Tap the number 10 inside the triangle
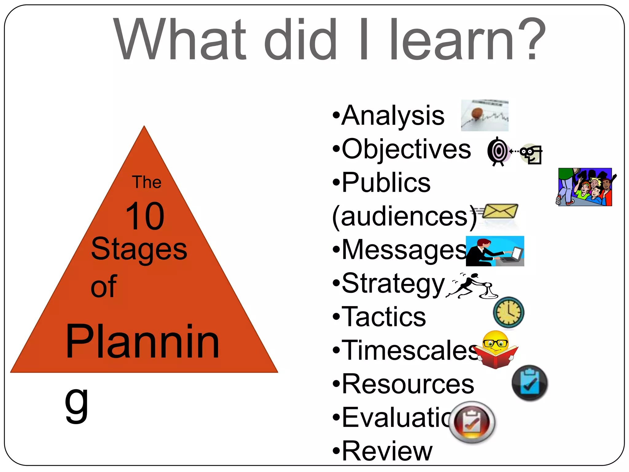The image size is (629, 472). coord(145,216)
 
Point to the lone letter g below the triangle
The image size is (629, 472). coord(76,403)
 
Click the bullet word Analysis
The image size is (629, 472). coord(393,116)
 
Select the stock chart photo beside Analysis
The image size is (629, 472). coord(485,116)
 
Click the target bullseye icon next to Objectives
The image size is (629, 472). coord(498,151)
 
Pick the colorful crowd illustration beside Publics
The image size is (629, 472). coord(585,187)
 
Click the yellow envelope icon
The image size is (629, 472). coord(500,211)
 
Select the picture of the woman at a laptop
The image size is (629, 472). coord(495,251)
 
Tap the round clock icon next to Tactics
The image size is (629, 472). coord(509,312)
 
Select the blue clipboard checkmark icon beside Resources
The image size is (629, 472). coord(529,383)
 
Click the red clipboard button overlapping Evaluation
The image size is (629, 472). coord(472,422)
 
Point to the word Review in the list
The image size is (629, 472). coord(387,451)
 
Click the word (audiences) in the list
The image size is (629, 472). coord(404,217)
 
